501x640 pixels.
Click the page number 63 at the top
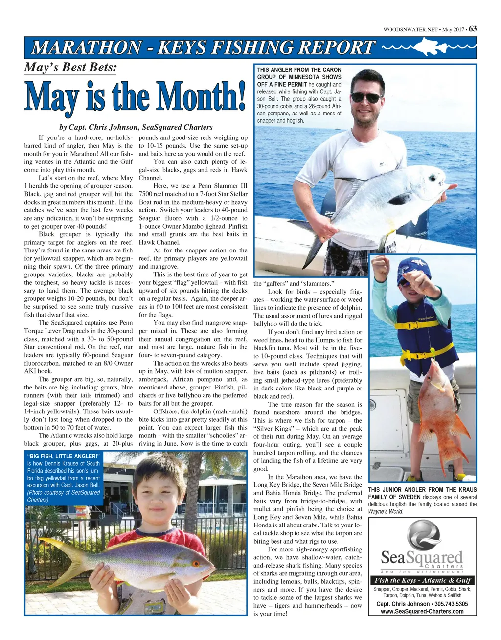[x=472, y=29]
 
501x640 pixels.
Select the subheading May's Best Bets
[x=70, y=68]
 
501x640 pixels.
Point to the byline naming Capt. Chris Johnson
[x=136, y=127]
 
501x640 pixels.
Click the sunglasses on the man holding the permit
[x=366, y=97]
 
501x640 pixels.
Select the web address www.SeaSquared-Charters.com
[x=422, y=612]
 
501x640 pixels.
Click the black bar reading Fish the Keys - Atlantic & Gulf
[x=422, y=580]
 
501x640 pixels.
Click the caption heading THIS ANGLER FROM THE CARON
[x=299, y=70]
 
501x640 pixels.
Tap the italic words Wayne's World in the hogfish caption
[x=386, y=512]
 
